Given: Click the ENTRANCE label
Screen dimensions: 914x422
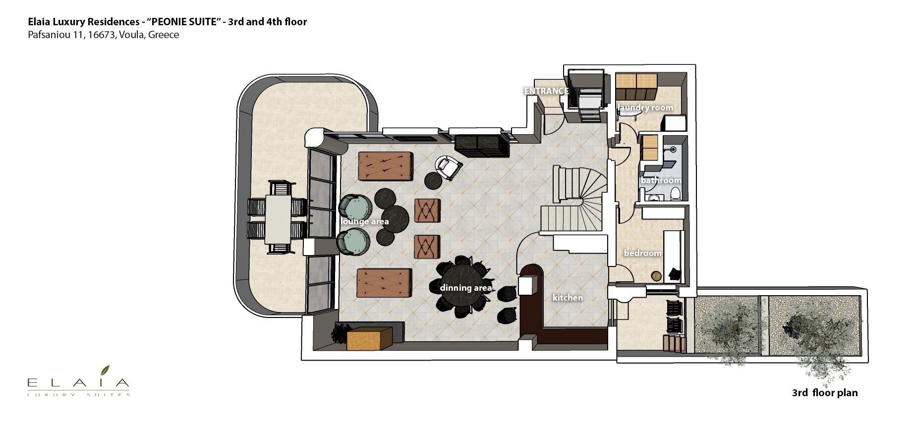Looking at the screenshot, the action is click(x=546, y=91).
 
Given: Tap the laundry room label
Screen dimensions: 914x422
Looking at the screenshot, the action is click(x=645, y=107).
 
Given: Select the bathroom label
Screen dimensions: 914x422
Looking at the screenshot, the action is click(x=661, y=180).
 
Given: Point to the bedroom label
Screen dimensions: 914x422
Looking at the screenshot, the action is click(x=642, y=253).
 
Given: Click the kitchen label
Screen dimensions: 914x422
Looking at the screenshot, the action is click(x=568, y=298).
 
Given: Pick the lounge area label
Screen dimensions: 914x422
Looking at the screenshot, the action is click(x=364, y=221).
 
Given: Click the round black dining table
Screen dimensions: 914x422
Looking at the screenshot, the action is click(x=463, y=287).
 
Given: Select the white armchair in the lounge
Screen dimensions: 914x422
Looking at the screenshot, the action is click(x=449, y=167).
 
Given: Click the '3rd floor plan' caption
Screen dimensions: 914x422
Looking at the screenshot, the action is click(x=825, y=393).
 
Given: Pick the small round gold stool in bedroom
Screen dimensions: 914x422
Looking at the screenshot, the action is click(x=656, y=276).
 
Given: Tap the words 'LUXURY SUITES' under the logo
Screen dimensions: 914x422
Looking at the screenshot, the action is click(x=79, y=395).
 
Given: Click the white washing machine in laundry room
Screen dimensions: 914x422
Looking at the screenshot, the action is click(x=674, y=122).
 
